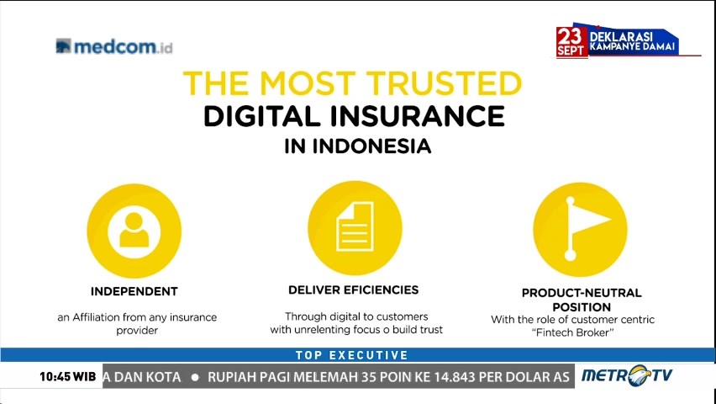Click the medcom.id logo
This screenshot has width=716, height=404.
[113, 46]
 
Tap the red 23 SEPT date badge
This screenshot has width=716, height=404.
[571, 41]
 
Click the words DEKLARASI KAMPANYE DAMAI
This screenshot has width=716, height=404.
[632, 40]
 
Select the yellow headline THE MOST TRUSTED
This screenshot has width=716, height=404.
[352, 83]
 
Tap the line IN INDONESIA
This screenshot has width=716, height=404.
[357, 146]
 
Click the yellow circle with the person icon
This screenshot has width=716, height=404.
[134, 230]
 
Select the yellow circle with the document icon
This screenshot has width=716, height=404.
[354, 227]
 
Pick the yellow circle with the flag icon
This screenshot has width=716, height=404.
[580, 230]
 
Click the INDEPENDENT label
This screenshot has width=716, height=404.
[134, 291]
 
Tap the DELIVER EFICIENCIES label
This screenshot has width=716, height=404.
[353, 290]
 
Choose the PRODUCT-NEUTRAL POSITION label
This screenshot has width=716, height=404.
[582, 300]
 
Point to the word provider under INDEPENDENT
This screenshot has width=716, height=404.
[137, 331]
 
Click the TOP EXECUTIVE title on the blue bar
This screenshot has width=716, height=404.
[352, 355]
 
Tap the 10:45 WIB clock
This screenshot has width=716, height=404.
[67, 376]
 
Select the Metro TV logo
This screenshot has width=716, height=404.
[626, 375]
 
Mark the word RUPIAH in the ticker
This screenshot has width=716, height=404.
[239, 376]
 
